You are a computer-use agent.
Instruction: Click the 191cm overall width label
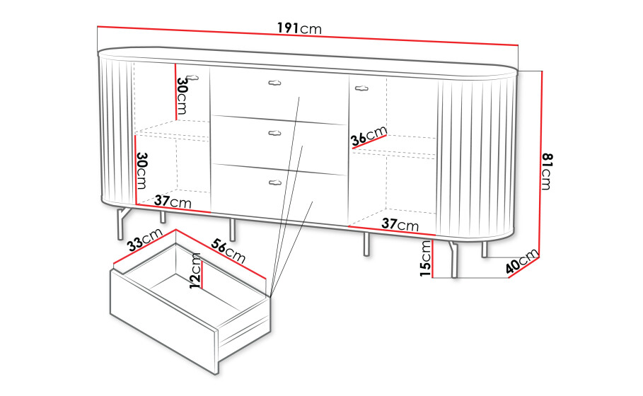(x=299, y=28)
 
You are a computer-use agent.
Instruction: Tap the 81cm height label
(x=548, y=171)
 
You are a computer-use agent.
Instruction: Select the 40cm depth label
(x=521, y=262)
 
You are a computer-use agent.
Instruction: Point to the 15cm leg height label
(x=425, y=258)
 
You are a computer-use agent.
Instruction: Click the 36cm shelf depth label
(x=369, y=136)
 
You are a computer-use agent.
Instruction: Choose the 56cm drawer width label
(x=228, y=251)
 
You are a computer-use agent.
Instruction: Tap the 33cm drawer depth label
(x=145, y=240)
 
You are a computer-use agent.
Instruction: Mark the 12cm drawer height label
(x=196, y=271)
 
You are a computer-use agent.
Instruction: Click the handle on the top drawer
(x=275, y=83)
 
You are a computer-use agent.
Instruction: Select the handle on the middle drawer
(x=274, y=133)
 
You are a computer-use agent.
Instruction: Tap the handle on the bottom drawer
(x=274, y=182)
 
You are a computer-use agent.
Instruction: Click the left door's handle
(x=192, y=78)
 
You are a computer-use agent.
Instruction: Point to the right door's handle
(x=361, y=88)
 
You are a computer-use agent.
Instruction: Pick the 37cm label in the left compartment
(x=173, y=202)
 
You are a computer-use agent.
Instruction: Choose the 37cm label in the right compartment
(x=400, y=224)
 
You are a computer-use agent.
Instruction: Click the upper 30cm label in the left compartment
(x=182, y=96)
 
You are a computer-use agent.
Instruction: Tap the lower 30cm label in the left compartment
(x=141, y=170)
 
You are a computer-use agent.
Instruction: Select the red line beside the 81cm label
(x=541, y=164)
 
